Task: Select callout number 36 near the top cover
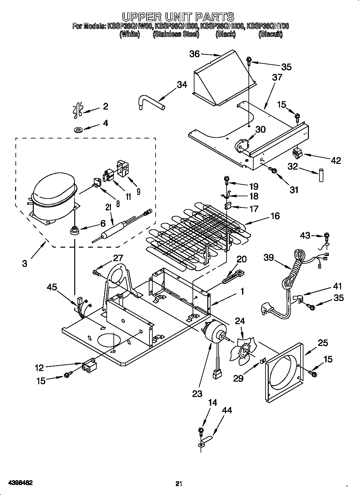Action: coord(194,54)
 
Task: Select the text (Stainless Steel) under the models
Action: coord(176,34)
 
